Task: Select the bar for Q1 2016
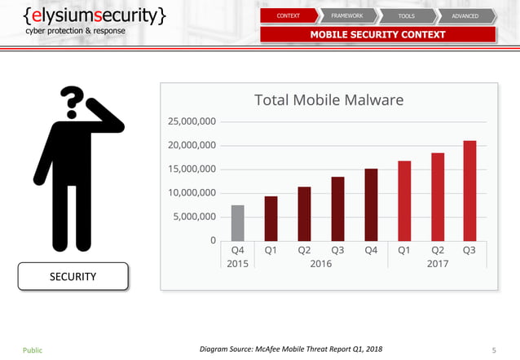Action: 271,218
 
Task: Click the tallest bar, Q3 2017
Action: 470,191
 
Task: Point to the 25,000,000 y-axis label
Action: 192,122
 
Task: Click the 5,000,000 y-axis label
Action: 195,217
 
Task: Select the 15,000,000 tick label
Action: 192,169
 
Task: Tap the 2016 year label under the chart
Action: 320,263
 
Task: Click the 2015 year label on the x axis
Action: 238,263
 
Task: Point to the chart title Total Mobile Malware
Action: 328,100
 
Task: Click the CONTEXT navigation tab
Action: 288,15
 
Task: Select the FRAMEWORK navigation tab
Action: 347,15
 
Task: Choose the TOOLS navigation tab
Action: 407,15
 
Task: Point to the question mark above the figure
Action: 74,100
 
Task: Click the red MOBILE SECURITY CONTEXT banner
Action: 377,34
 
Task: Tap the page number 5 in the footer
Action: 494,350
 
